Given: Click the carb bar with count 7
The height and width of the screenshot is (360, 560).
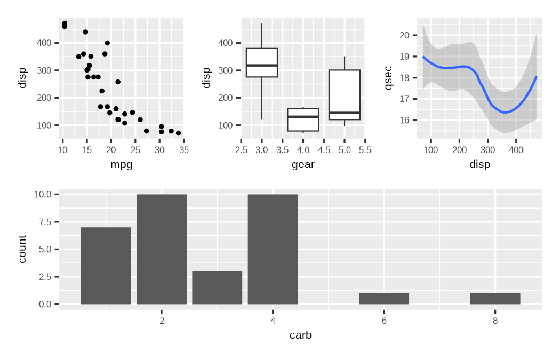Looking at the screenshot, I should point(106,266).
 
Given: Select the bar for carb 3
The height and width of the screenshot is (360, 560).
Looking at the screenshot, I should point(217,287).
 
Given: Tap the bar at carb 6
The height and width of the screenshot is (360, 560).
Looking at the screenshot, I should point(384,299).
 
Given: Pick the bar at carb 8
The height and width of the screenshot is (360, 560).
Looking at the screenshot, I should point(495,299).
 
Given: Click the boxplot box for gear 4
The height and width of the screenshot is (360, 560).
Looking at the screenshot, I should point(303,120).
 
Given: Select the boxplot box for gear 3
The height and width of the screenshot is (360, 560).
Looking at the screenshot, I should point(262,63).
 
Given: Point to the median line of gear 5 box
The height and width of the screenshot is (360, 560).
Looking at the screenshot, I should point(345,113).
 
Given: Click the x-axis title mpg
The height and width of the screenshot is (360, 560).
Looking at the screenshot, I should point(121,164).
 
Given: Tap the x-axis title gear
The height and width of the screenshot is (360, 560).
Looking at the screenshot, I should point(303,164).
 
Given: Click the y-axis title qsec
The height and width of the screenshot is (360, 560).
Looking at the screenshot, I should point(388,77).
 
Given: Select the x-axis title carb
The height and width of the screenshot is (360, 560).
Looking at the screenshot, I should point(300,335).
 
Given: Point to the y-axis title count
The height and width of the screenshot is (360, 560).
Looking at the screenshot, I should point(22,249).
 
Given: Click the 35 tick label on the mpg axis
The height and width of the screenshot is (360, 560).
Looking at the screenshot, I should point(183,150).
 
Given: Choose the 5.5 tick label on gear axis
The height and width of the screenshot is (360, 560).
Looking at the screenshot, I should point(365,150).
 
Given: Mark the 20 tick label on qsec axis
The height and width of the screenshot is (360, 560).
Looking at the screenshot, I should point(404,35).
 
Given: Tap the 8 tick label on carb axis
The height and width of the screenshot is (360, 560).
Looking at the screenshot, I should point(495,320).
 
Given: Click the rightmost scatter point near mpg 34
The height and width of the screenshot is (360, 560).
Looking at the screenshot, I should point(178,133).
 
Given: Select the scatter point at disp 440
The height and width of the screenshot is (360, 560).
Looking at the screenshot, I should point(85,32).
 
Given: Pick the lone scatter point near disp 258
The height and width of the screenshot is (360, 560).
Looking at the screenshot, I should point(118,82).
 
